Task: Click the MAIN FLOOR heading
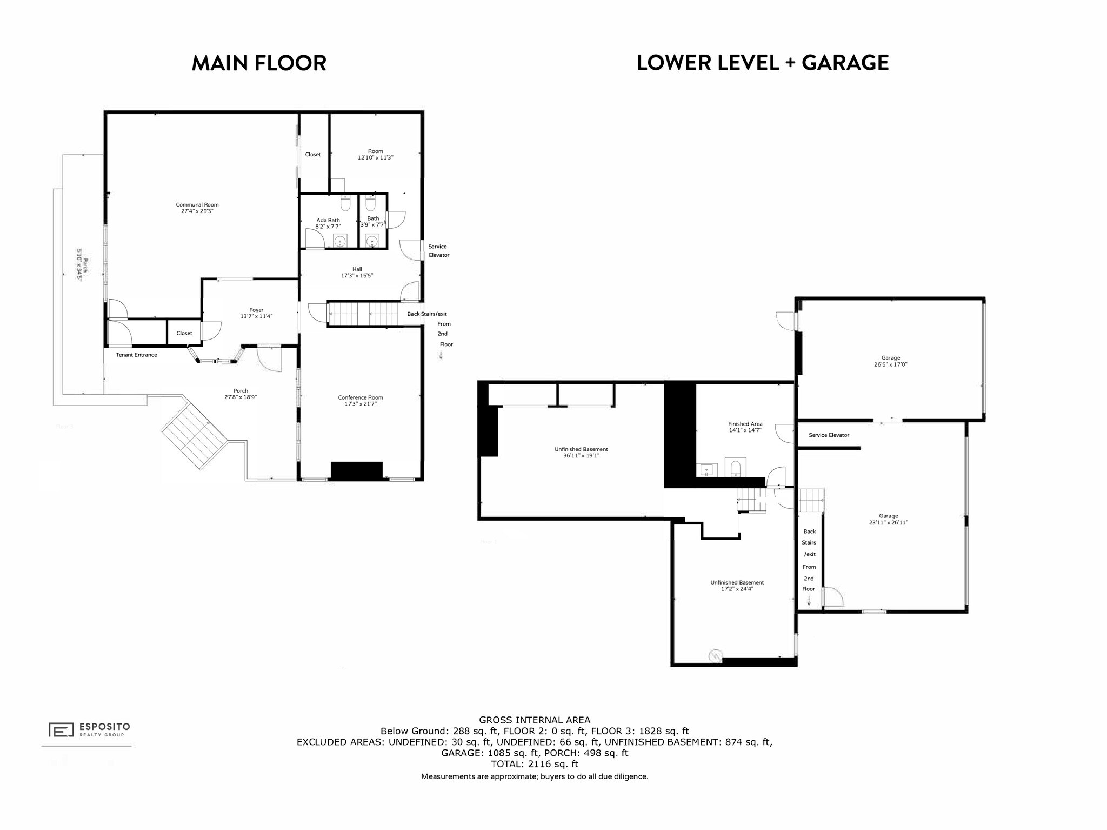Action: click(x=259, y=63)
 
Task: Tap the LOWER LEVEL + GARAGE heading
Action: click(x=762, y=63)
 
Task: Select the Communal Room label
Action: click(x=197, y=205)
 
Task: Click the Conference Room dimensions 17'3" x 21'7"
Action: click(x=361, y=404)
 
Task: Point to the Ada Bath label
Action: click(x=328, y=220)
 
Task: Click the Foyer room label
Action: click(x=256, y=310)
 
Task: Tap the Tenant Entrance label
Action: click(x=136, y=355)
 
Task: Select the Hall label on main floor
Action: click(x=357, y=269)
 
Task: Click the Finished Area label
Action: click(x=745, y=424)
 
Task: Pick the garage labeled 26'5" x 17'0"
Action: click(x=890, y=361)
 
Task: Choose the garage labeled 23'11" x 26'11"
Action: click(x=888, y=519)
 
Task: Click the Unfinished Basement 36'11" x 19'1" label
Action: click(x=581, y=453)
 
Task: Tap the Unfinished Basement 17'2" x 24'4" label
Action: click(x=737, y=586)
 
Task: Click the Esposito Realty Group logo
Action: click(x=89, y=729)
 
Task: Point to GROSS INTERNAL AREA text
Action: click(x=534, y=720)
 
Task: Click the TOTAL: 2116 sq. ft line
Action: click(x=534, y=764)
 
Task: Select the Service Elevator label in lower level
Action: click(x=829, y=435)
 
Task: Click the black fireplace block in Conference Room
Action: click(x=356, y=470)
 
